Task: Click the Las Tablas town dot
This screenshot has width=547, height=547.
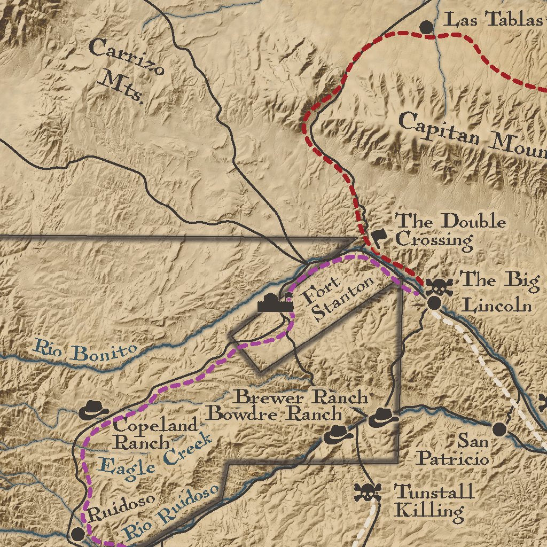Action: (x=426, y=26)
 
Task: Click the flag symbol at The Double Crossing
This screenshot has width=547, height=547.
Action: (x=379, y=237)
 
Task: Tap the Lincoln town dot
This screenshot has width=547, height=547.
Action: (x=434, y=303)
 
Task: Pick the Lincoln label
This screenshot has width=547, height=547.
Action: (x=497, y=306)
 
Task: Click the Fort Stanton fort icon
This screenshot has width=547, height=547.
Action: (x=275, y=303)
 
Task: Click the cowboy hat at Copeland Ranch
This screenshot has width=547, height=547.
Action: (x=94, y=410)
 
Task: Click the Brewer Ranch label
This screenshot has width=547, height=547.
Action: (x=302, y=397)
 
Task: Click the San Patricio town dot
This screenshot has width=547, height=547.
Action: (x=499, y=428)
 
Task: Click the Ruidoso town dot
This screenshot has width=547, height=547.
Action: (x=78, y=533)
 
